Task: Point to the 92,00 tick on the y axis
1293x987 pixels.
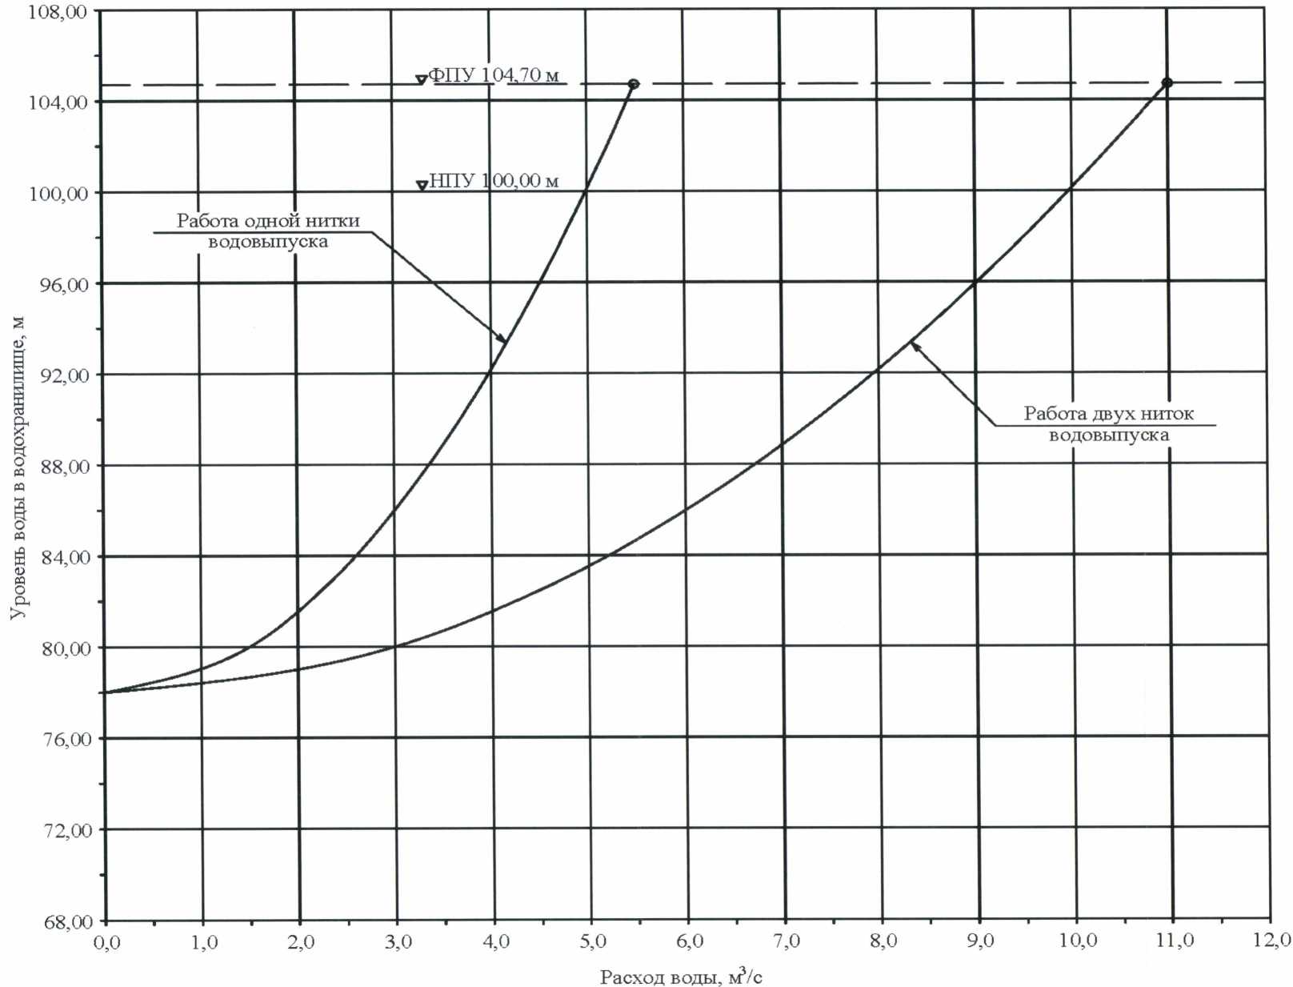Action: click(x=64, y=375)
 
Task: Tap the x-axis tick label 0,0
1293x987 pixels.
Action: click(x=106, y=943)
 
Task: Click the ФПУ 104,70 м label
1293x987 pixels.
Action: click(x=494, y=75)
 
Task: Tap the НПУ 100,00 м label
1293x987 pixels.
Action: click(x=494, y=181)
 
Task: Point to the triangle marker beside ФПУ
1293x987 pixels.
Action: click(x=421, y=79)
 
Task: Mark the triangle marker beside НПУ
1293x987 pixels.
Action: click(x=422, y=186)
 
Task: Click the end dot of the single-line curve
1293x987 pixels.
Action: click(x=633, y=84)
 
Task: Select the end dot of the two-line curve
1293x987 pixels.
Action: click(x=1167, y=82)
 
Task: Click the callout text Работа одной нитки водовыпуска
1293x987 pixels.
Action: click(x=268, y=231)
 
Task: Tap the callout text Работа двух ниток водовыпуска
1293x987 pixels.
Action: click(x=1108, y=424)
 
